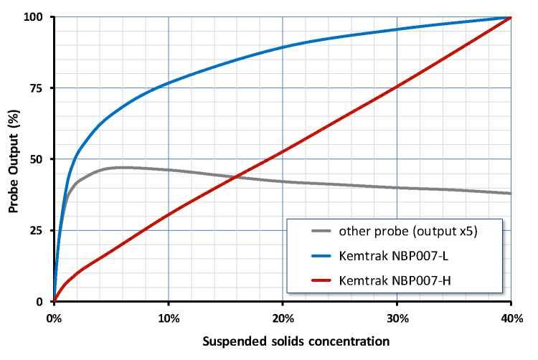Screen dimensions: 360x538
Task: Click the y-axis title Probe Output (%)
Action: pos(14,159)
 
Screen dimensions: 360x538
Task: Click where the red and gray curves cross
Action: pos(235,176)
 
